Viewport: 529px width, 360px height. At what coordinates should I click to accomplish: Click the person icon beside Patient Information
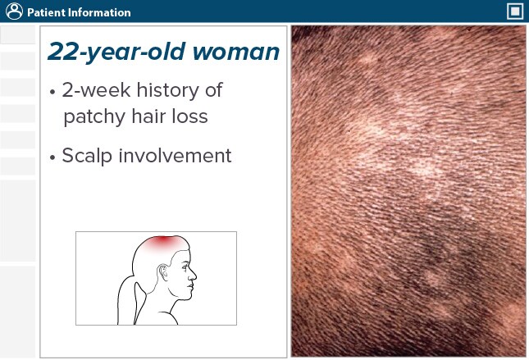pyautogui.click(x=12, y=12)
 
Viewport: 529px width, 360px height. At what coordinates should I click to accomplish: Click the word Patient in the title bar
pyautogui.click(x=46, y=13)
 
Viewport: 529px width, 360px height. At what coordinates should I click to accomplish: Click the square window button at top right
pyautogui.click(x=515, y=11)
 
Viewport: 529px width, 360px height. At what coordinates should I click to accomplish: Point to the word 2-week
pyautogui.click(x=97, y=89)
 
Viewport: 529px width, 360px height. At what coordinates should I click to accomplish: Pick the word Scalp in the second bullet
pyautogui.click(x=87, y=155)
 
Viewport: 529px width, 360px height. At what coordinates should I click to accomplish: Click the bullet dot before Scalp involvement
pyautogui.click(x=52, y=156)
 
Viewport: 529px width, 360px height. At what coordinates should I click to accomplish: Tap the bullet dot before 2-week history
pyautogui.click(x=52, y=90)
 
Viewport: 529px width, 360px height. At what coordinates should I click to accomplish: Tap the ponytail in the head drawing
pyautogui.click(x=130, y=291)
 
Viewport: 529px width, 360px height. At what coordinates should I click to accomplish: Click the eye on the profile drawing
pyautogui.click(x=186, y=268)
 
